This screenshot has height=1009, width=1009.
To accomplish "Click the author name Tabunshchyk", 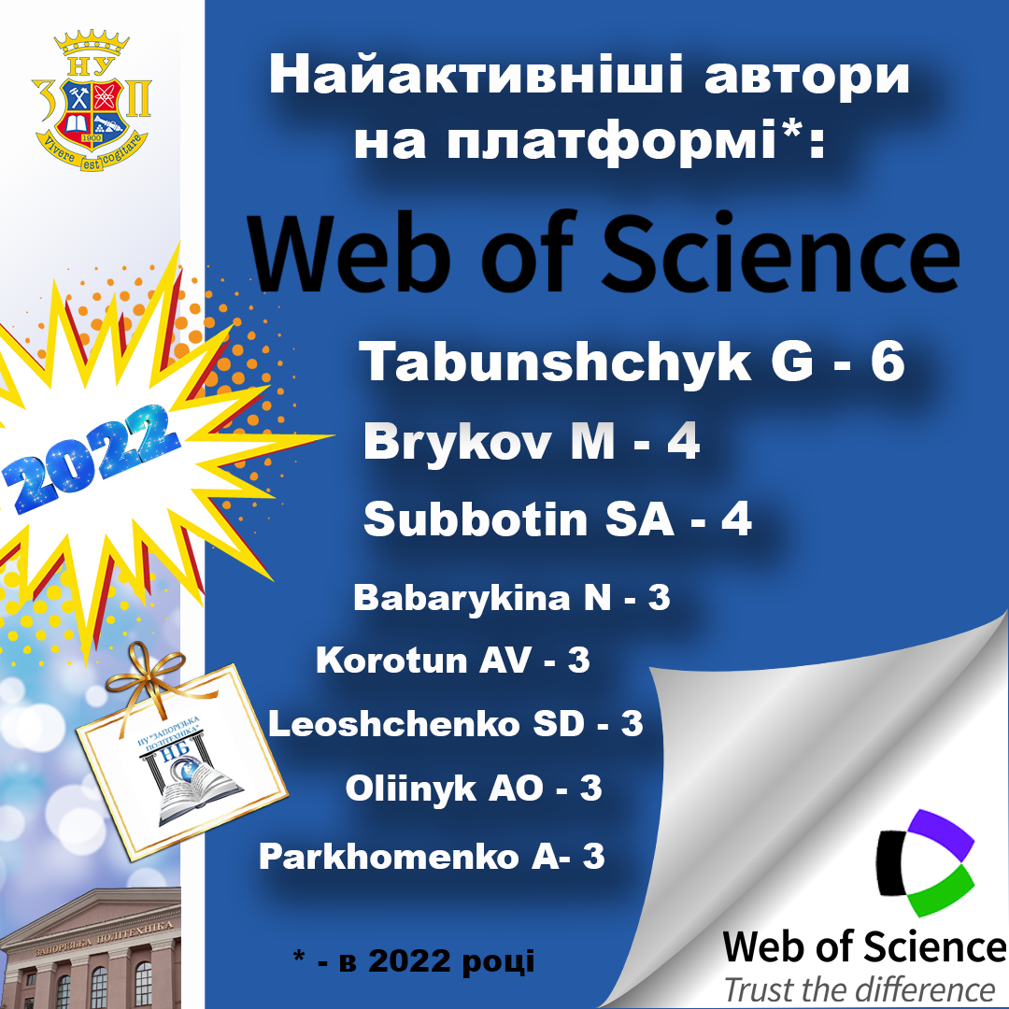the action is click(555, 362).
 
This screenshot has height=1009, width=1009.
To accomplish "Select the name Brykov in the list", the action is click(458, 442).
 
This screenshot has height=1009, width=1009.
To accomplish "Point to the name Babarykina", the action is click(462, 598).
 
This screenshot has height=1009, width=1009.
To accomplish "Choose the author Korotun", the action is click(391, 661).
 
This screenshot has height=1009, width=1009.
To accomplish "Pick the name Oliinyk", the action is click(410, 789).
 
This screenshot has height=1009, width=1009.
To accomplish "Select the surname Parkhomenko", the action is click(389, 857).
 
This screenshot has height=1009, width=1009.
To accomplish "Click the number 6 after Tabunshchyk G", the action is click(888, 362).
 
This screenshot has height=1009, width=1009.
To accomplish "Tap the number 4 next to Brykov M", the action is click(683, 442).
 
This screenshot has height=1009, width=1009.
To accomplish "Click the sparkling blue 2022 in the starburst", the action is click(90, 457).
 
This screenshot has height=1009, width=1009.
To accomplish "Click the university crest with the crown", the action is click(92, 100).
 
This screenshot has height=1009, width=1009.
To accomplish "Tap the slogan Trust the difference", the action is click(860, 989).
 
